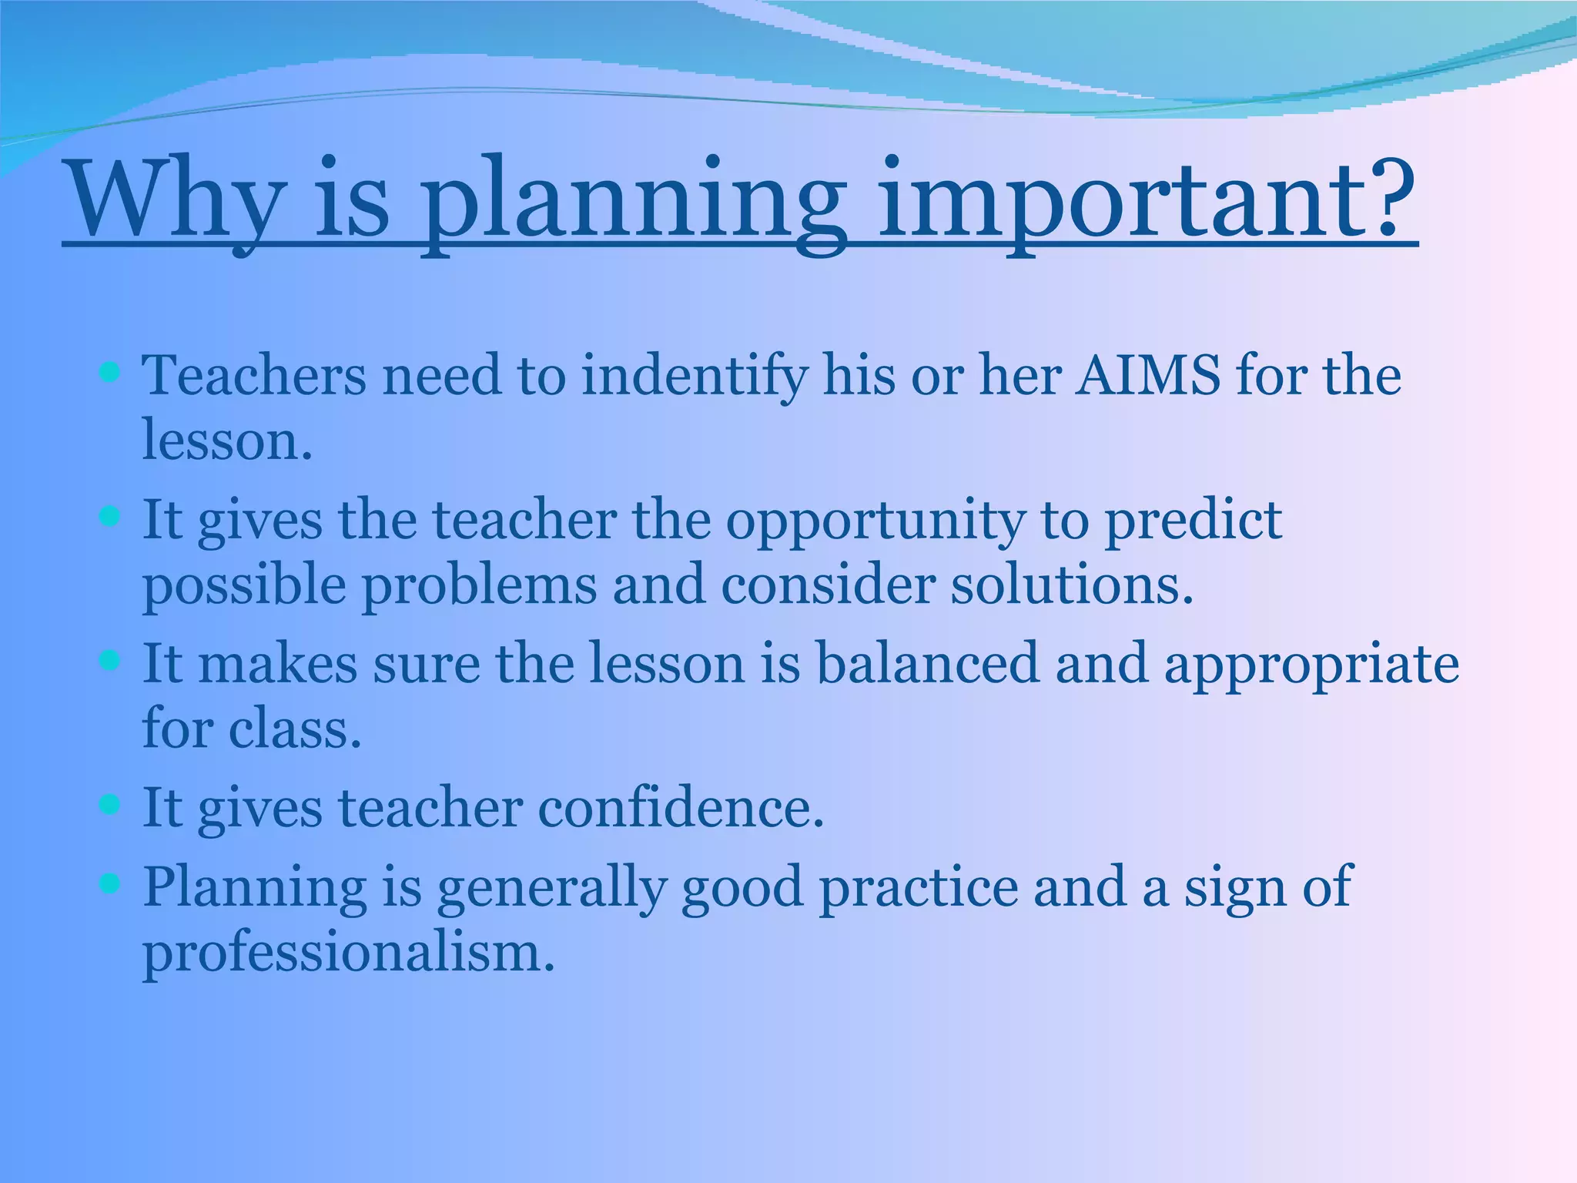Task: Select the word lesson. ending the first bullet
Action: point(227,441)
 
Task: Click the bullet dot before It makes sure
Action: point(110,661)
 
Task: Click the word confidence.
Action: point(681,809)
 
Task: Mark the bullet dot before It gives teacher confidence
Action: point(110,806)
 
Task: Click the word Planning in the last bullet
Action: point(255,888)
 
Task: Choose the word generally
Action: point(551,888)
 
